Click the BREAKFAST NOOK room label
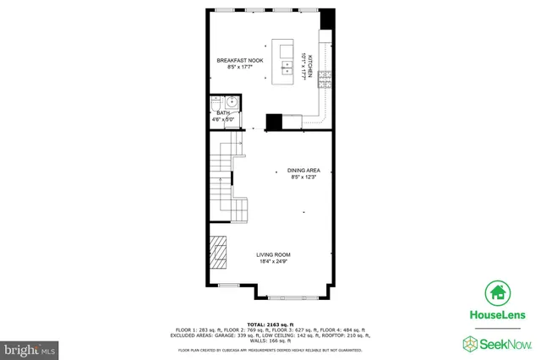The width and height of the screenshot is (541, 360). click(x=239, y=60)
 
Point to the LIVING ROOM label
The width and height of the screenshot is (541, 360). click(x=274, y=254)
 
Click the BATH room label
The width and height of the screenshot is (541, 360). click(x=223, y=112)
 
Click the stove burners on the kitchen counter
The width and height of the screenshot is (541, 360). click(x=324, y=74)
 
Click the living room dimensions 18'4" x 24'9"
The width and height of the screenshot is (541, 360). click(x=274, y=261)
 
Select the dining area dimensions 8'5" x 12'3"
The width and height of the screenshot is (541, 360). click(x=303, y=177)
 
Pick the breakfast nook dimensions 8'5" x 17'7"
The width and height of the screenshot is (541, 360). click(x=239, y=67)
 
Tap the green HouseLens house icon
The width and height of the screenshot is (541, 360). click(x=498, y=293)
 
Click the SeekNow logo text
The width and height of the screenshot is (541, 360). click(x=505, y=343)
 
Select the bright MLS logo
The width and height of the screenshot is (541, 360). click(x=30, y=346)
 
